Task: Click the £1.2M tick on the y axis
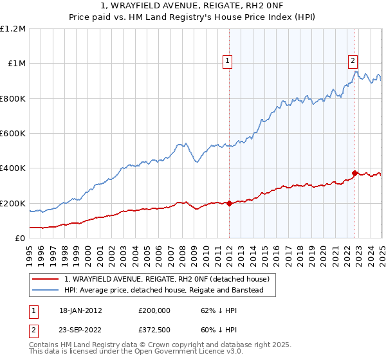pos(14,29)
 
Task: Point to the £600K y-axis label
pos(14,134)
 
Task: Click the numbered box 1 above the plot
pos(228,62)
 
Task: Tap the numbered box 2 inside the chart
pos(353,62)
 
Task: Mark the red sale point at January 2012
pos(229,203)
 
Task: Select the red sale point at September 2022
pos(354,173)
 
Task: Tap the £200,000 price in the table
pos(154,310)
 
